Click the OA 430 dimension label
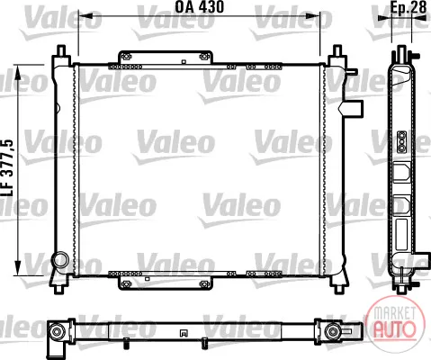[199, 6]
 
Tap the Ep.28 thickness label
[409, 7]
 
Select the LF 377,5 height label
[8, 167]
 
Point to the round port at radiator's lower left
[60, 260]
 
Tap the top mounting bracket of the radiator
[166, 58]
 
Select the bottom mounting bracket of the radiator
[166, 283]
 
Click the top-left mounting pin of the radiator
[61, 50]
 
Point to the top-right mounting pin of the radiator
[337, 50]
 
